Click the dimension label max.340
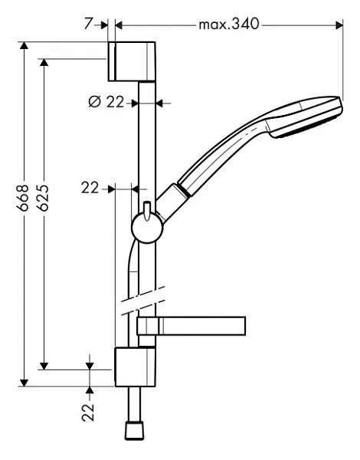(x=229, y=25)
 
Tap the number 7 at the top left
(x=90, y=25)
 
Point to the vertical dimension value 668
(x=25, y=198)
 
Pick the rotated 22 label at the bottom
(x=89, y=412)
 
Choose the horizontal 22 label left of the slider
(x=90, y=187)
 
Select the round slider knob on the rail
(x=145, y=228)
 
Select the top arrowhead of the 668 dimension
(x=25, y=48)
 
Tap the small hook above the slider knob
(x=144, y=206)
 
